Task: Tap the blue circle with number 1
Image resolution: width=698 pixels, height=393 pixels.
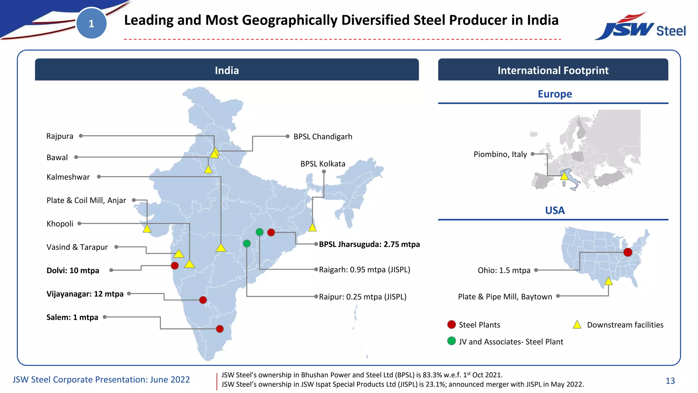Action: coord(91,24)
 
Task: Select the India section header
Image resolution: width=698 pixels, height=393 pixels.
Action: coord(227,70)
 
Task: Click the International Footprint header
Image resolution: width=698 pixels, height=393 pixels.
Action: coord(553,70)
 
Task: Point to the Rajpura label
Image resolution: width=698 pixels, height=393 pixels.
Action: coord(60,136)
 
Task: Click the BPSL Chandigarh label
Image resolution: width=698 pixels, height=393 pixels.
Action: coord(323,136)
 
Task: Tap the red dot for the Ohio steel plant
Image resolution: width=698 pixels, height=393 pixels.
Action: coord(627,252)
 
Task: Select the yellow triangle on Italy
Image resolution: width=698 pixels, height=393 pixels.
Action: coord(564,176)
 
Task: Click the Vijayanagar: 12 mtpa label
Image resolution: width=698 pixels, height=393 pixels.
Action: coord(85,294)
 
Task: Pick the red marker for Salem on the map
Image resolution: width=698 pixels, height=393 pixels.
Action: coord(220,329)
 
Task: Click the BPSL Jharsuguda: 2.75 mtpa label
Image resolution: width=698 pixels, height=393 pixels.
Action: coord(369,244)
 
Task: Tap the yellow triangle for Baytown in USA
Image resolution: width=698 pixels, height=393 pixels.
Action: coord(608,281)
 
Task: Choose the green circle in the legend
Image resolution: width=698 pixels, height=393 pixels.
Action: coord(452,341)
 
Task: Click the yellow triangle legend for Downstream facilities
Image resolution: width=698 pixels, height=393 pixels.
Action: coord(577,325)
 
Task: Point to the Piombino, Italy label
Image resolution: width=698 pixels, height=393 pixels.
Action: coord(500,154)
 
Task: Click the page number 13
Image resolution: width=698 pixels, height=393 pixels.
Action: coord(670,381)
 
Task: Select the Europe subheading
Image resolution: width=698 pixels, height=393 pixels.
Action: coord(555,94)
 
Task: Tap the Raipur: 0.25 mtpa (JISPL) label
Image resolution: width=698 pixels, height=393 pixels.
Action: coord(363,297)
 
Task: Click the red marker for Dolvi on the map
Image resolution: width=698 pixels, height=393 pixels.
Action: coord(174,265)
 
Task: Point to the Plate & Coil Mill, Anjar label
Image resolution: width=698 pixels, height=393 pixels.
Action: coord(86,200)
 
